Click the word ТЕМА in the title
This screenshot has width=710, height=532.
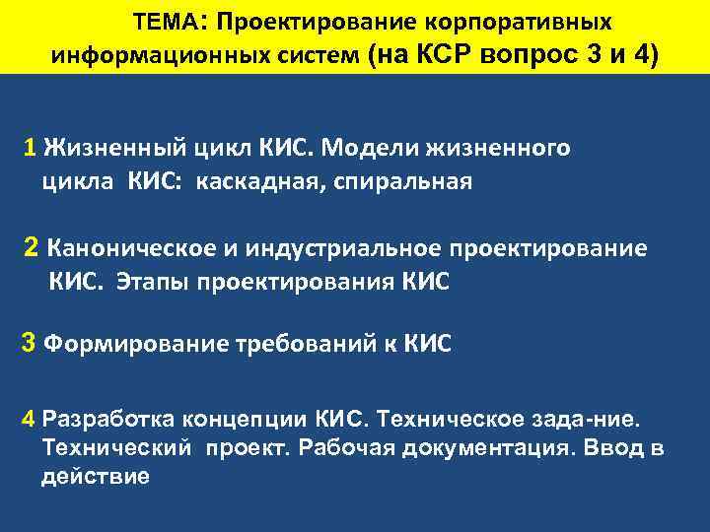[163, 22]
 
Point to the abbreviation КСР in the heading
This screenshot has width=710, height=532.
[448, 54]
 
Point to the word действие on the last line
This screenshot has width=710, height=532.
[96, 478]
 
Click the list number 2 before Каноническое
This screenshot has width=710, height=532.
[33, 247]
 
